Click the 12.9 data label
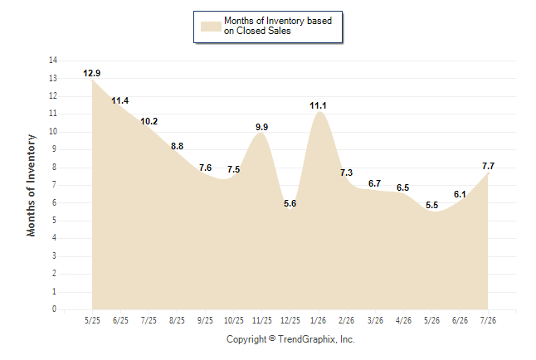point(91,73)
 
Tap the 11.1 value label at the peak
point(318,105)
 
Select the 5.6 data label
point(290,203)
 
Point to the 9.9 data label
point(262,127)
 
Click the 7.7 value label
point(488,166)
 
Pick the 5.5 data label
point(431,205)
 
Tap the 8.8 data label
point(177,146)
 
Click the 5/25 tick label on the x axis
point(92,320)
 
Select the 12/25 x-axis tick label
point(290,320)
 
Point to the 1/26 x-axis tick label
point(319,320)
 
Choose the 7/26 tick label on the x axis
point(488,320)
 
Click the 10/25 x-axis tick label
point(234,320)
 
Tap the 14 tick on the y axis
point(53,61)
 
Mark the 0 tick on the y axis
point(55,309)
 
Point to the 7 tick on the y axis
point(55,185)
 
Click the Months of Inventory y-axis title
point(31,185)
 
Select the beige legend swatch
point(211,27)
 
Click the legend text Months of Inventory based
point(278,21)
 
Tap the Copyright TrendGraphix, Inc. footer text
point(290,339)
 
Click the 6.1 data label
point(460,195)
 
